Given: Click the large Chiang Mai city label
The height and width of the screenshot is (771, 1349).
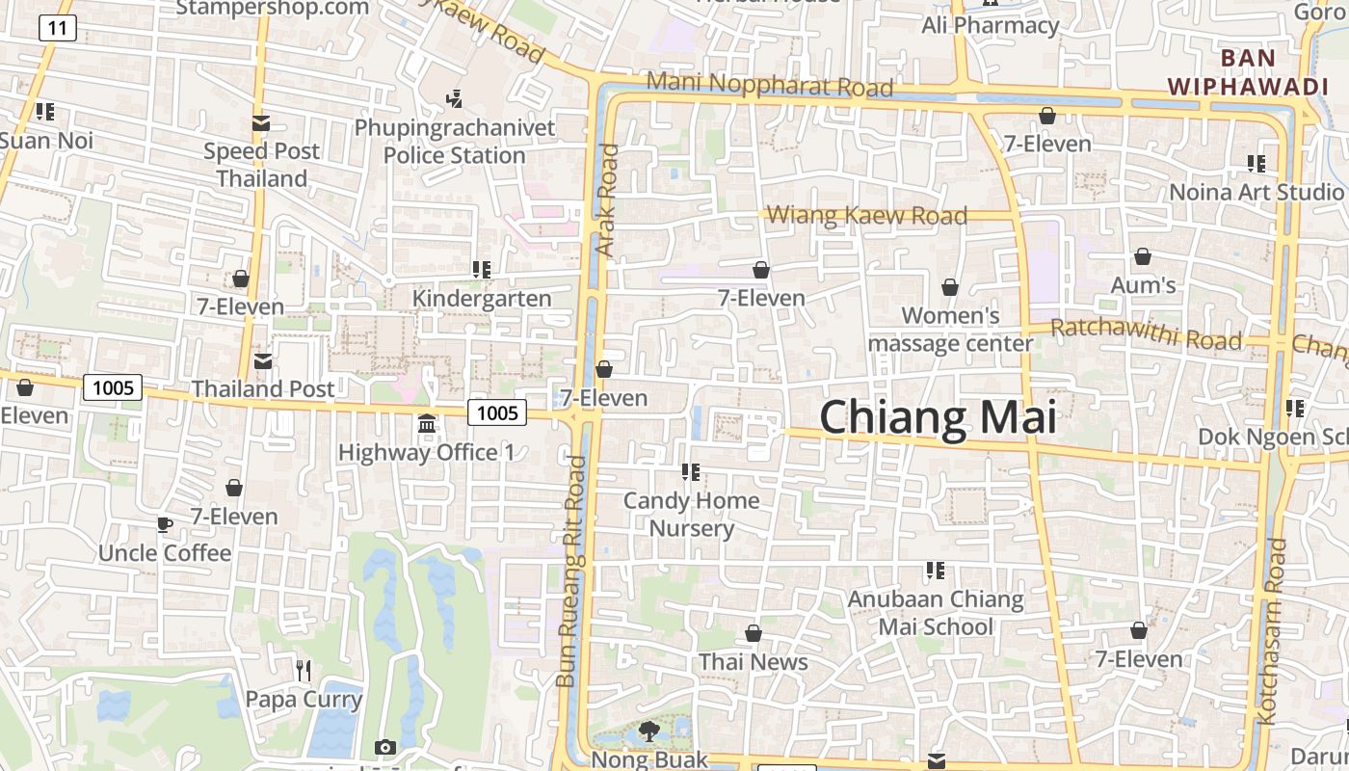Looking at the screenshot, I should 938,417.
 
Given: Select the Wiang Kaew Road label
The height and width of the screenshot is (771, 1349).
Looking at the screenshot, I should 867,215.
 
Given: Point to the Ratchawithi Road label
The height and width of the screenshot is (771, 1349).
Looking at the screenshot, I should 1146,334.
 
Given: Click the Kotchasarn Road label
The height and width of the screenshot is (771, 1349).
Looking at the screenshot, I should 1271,631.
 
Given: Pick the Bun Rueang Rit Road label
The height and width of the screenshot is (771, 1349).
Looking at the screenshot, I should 571,571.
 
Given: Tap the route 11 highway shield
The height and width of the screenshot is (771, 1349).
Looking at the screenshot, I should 58,28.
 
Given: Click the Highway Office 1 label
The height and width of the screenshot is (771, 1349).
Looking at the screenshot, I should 426,452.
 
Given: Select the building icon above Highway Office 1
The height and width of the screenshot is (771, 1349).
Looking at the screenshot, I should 427,424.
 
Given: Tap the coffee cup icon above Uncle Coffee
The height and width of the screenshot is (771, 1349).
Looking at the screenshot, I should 165,525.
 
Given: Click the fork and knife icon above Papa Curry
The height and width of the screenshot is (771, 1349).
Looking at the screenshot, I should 304,670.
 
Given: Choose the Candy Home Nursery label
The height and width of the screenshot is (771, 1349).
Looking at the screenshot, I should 691,515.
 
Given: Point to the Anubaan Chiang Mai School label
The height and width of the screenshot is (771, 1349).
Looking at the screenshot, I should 935,613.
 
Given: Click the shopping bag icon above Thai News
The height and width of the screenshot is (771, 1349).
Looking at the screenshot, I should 754,634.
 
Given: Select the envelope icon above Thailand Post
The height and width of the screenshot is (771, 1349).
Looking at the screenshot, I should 262,361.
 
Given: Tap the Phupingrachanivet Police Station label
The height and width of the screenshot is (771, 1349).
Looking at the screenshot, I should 455,142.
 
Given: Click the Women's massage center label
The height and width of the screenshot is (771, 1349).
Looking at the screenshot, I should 950,329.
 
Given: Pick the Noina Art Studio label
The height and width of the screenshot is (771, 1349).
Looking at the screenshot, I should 1256,192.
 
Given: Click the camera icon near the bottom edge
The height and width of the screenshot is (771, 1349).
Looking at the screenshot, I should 384,747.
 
